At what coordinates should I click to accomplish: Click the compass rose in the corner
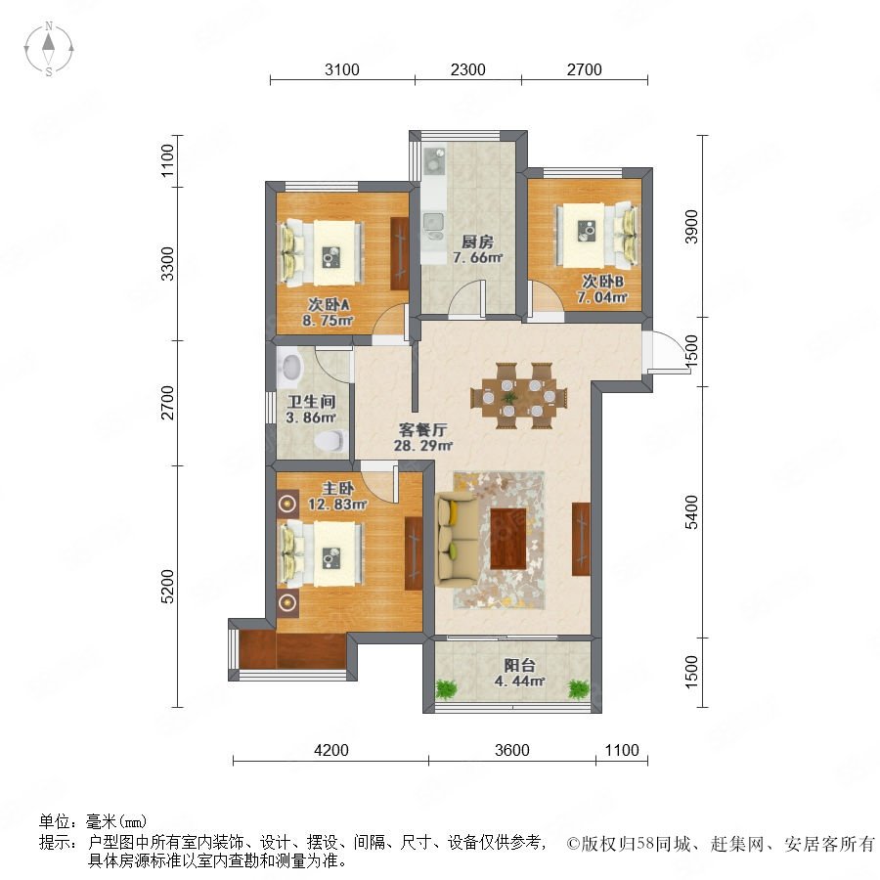point(49,49)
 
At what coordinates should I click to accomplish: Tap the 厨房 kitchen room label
point(477,242)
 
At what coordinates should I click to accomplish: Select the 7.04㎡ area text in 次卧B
point(602,297)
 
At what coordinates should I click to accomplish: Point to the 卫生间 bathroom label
point(311,402)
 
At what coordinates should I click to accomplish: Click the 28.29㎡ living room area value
point(423,446)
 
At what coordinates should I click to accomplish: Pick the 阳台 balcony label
point(519,666)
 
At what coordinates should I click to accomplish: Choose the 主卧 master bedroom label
point(337,488)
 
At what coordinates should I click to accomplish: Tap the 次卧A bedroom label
point(329,305)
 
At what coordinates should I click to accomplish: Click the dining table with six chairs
point(519,396)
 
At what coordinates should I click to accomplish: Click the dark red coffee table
point(508,539)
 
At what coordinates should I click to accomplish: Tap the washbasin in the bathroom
point(289,369)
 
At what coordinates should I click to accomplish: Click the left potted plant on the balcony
point(446,688)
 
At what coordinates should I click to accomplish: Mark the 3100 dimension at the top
point(342,69)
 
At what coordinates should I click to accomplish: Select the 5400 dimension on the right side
point(691,511)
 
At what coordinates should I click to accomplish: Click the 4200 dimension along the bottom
point(331,750)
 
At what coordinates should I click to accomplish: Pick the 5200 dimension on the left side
point(167,586)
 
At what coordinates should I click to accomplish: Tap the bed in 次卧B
point(596,235)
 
